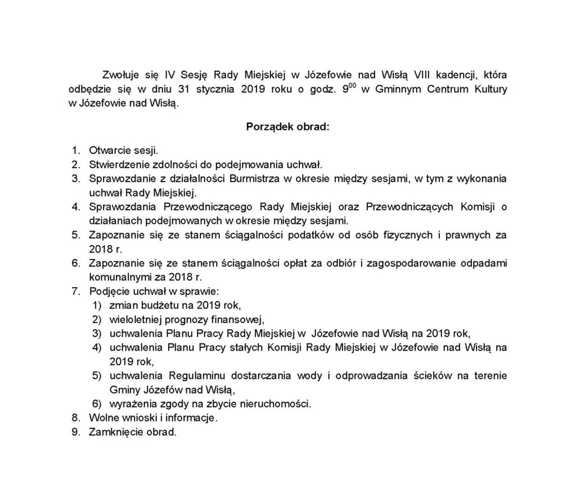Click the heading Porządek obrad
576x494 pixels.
pyautogui.click(x=287, y=126)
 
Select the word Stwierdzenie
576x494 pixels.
pyautogui.click(x=117, y=164)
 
